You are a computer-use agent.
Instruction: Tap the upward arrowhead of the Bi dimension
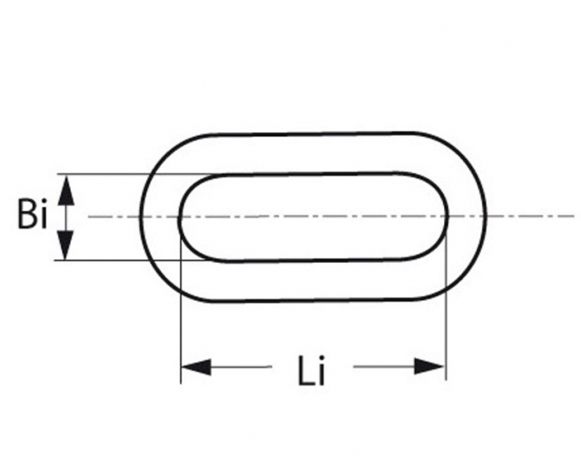click(x=65, y=189)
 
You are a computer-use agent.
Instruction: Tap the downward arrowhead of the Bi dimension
click(x=65, y=246)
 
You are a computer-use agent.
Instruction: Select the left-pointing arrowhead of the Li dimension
click(x=194, y=367)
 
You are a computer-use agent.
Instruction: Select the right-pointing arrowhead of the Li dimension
click(x=431, y=367)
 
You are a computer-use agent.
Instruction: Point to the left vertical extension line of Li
click(x=181, y=317)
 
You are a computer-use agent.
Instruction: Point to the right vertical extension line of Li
click(x=446, y=317)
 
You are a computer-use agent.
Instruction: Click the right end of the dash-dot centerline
click(x=573, y=217)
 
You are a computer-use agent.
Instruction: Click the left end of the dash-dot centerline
click(x=90, y=217)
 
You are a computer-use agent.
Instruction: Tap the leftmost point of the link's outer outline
click(x=141, y=218)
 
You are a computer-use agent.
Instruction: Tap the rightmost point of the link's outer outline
click(x=486, y=218)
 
